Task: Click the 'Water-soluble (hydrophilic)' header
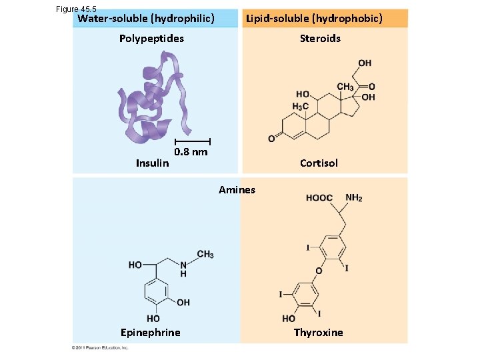click(x=146, y=19)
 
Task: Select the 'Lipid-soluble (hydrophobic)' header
click(x=314, y=19)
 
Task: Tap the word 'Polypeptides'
click(x=151, y=38)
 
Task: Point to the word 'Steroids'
click(x=320, y=38)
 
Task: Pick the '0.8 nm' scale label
click(x=191, y=151)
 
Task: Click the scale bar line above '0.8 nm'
click(x=193, y=141)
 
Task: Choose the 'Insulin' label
click(x=152, y=163)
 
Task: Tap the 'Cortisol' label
click(x=319, y=163)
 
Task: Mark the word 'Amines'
click(x=237, y=190)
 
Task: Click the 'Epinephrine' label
click(x=150, y=332)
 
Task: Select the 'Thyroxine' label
click(x=319, y=332)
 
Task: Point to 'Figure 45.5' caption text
click(x=77, y=9)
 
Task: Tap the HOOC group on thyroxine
click(x=319, y=198)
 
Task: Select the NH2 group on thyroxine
click(x=354, y=198)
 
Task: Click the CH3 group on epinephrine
click(x=205, y=254)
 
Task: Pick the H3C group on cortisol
click(x=301, y=107)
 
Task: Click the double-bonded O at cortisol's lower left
click(x=271, y=139)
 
